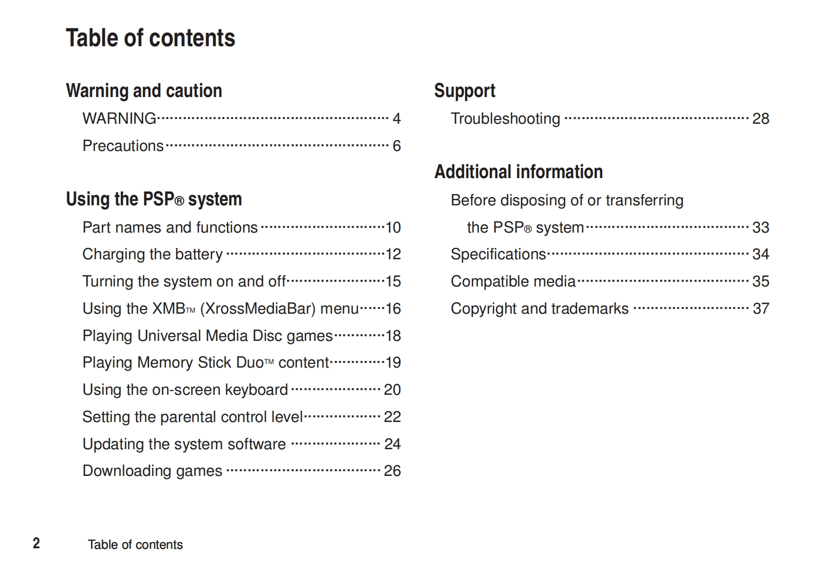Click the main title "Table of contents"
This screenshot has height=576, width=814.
point(150,38)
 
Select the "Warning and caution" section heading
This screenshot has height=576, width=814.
point(144,91)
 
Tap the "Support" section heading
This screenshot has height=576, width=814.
point(465,91)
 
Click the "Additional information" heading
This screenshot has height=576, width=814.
point(519,172)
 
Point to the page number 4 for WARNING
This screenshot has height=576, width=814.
point(396,119)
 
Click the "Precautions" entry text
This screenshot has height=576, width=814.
point(123,146)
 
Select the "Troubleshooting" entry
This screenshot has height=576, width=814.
point(505,119)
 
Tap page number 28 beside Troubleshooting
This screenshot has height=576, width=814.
point(761,119)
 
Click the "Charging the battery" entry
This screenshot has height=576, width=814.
point(153,254)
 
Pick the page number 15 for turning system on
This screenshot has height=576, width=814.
point(393,281)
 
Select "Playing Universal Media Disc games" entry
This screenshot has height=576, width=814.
point(208,336)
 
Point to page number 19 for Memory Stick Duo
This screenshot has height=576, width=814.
point(393,362)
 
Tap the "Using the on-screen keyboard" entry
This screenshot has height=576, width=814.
point(185,390)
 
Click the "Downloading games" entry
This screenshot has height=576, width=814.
point(153,471)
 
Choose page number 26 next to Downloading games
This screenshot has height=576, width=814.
point(392,471)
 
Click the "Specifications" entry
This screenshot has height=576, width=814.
point(498,254)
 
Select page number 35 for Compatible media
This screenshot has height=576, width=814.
point(761,281)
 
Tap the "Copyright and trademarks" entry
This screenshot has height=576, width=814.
point(540,309)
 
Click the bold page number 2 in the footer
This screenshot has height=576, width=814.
point(36,543)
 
